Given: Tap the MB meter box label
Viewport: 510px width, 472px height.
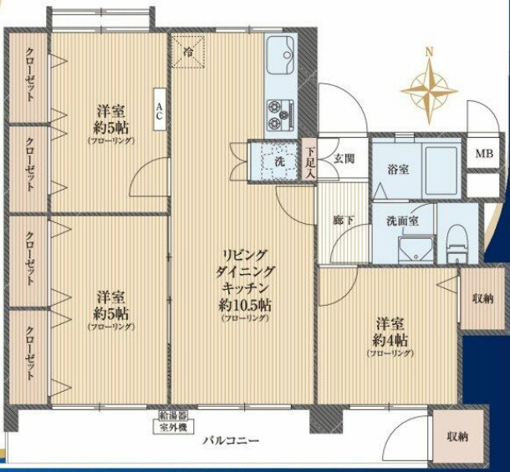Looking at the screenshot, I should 484,153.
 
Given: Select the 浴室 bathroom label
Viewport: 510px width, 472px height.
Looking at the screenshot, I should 397,169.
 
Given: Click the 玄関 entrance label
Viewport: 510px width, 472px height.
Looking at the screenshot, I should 344,159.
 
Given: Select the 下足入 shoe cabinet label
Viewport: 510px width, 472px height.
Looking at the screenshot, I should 309,163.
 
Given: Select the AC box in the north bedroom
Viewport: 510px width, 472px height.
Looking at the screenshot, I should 159,109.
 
